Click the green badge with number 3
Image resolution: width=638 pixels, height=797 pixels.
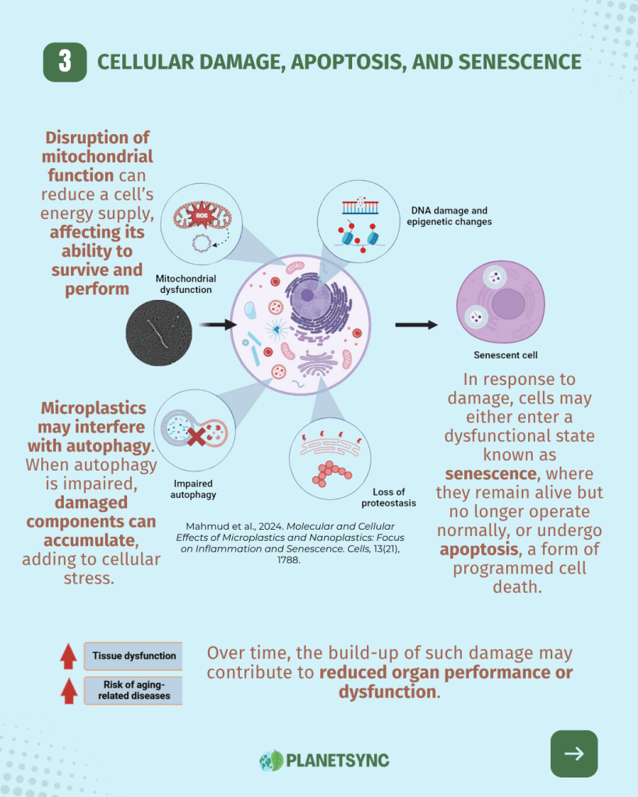[65, 62]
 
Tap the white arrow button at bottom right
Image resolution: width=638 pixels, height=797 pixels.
[574, 753]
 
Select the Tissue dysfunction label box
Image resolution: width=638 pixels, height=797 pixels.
[133, 656]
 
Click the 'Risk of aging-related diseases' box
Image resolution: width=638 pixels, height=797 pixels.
[133, 690]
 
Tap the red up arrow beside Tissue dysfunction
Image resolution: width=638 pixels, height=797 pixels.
[69, 656]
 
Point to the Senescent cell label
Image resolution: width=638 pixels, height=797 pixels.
[506, 355]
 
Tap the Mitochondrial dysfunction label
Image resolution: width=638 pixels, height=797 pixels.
[186, 284]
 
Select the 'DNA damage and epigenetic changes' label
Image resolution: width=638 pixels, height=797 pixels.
[449, 216]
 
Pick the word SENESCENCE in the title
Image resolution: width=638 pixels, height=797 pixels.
[515, 62]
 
